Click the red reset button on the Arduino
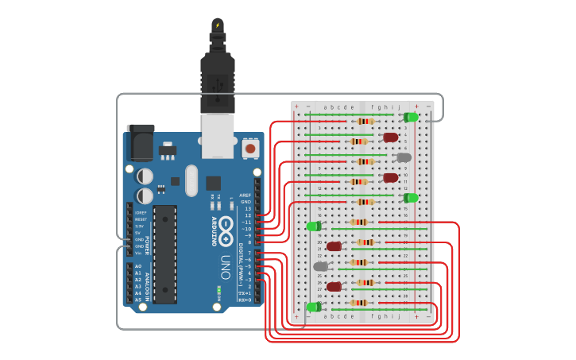(250, 148)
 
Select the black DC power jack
(141, 142)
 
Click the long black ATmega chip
(164, 254)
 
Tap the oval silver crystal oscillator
(191, 180)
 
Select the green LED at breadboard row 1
(411, 118)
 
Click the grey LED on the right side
(404, 157)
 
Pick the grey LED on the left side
(320, 267)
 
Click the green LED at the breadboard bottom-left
(314, 307)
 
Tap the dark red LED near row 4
(391, 137)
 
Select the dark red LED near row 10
(391, 178)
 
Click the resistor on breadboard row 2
(365, 122)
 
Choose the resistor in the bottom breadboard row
(358, 303)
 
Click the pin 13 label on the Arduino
(247, 208)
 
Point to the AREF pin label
(245, 195)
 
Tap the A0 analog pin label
(138, 266)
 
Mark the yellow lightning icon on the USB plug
(218, 25)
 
